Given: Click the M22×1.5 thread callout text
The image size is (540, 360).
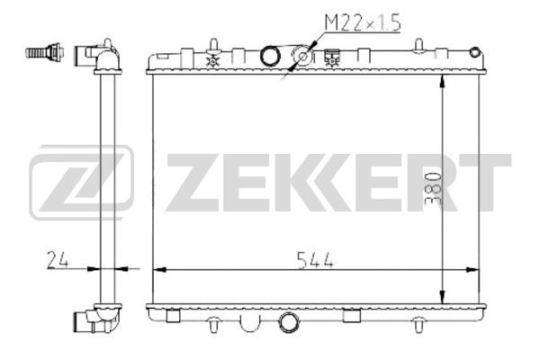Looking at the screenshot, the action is click(364, 22).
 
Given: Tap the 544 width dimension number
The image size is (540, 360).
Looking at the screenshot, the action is click(315, 260).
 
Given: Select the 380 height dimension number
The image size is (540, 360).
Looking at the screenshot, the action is click(433, 188).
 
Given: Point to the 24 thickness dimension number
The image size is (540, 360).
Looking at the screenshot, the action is click(58, 260).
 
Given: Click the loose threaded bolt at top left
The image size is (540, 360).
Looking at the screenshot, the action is click(45, 52).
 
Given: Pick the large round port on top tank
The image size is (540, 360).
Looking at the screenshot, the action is click(270, 56).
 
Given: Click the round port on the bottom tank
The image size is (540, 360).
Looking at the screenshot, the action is click(288, 322).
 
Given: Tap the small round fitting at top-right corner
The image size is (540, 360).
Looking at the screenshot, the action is click(475, 52).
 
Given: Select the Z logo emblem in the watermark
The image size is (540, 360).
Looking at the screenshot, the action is click(81, 182).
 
